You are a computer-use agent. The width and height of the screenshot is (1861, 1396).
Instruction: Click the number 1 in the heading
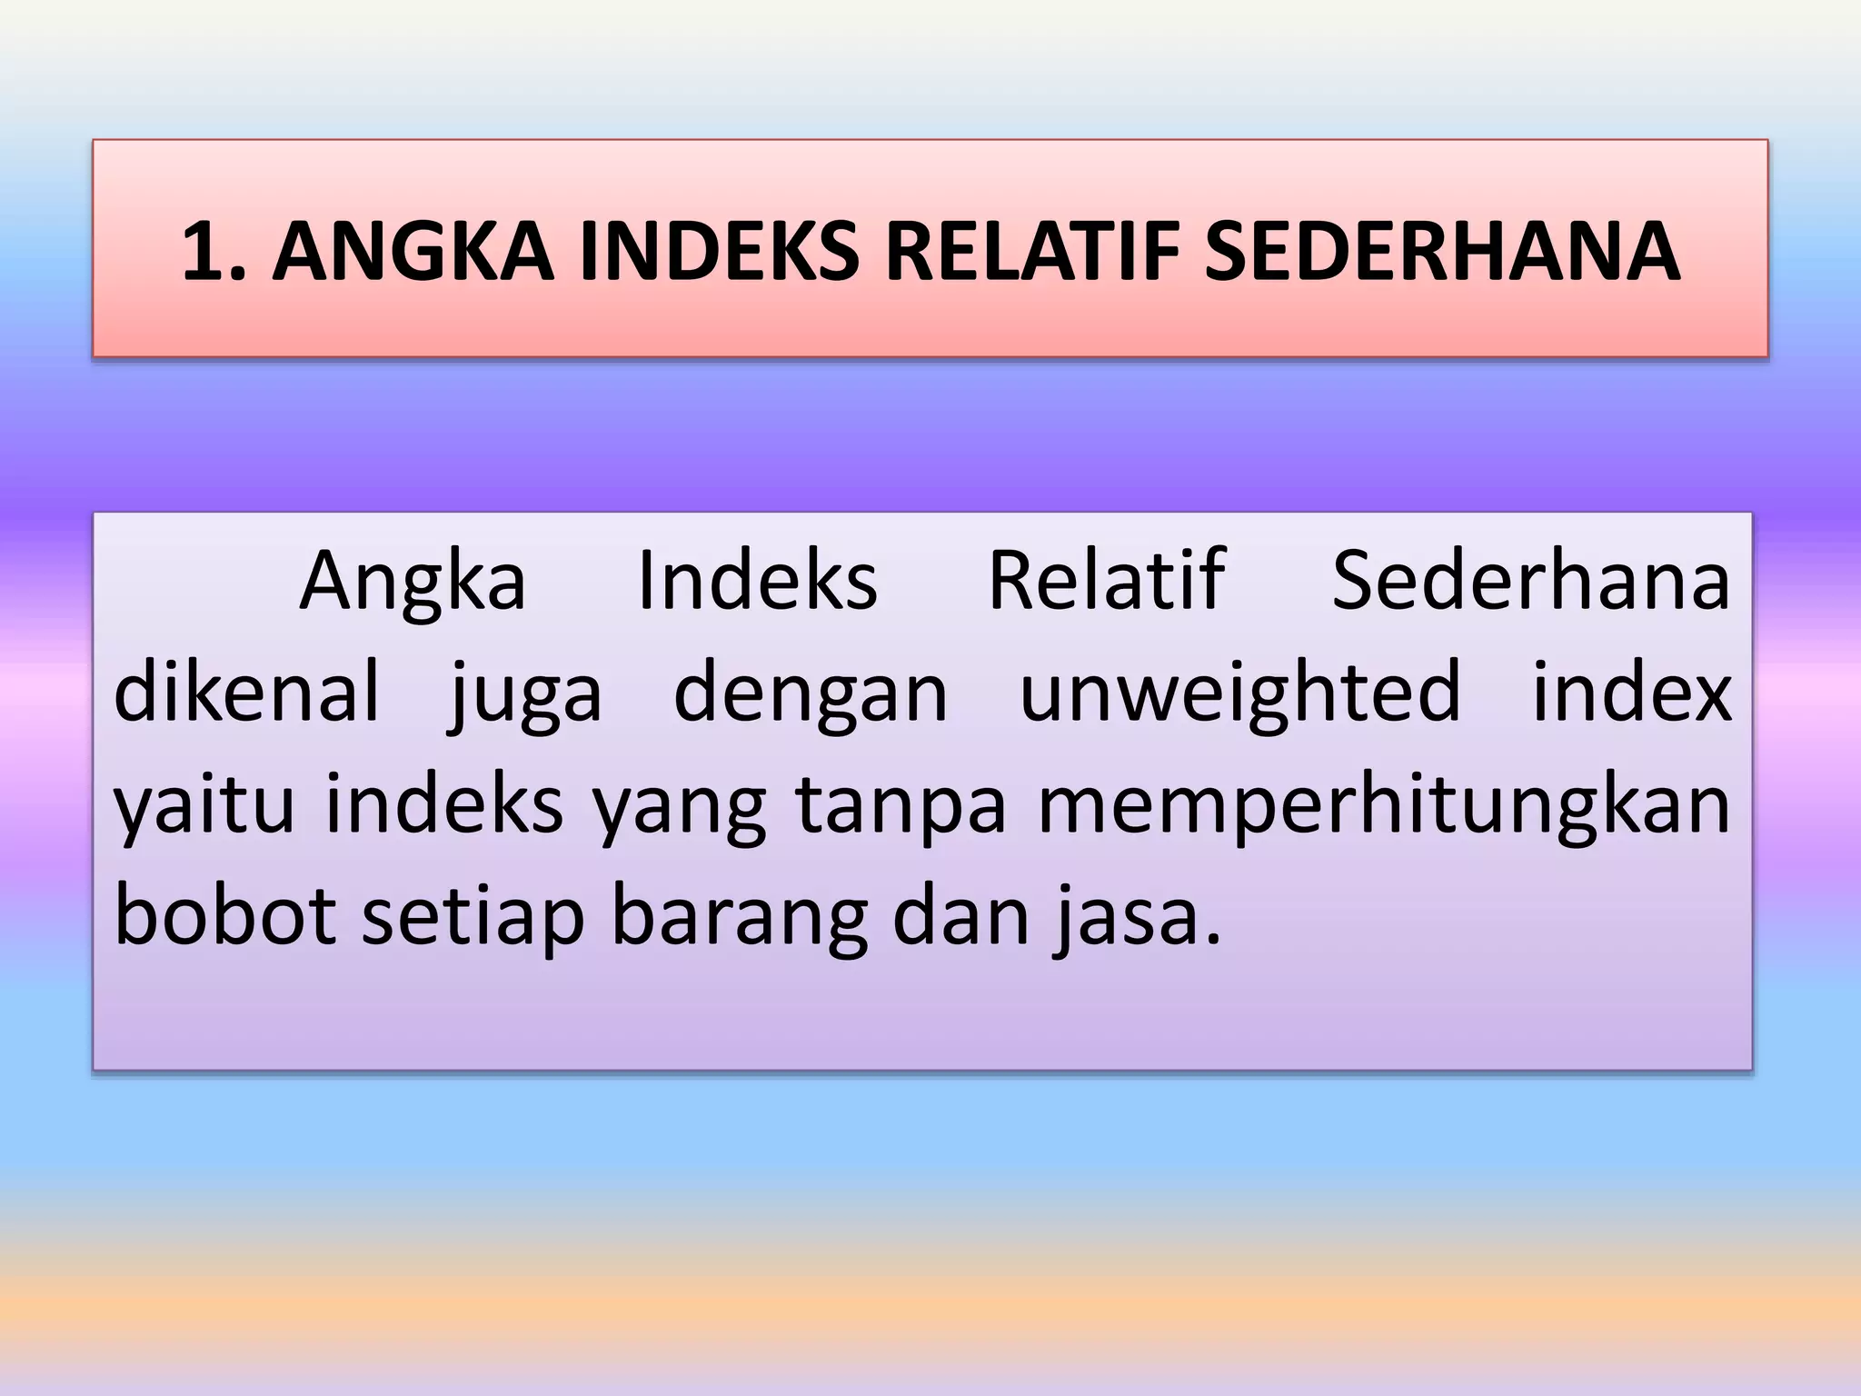tap(204, 253)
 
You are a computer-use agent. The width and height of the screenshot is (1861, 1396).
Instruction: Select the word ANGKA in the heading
tap(412, 253)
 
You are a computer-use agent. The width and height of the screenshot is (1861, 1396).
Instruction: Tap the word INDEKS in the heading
tap(719, 253)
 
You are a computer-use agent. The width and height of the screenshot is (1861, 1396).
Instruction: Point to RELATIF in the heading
tap(1033, 253)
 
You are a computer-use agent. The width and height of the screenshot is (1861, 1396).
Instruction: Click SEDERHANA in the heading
tap(1442, 253)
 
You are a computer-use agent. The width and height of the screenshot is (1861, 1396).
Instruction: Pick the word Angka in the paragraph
tap(413, 583)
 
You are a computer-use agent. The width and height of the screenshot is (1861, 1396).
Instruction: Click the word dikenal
tap(246, 692)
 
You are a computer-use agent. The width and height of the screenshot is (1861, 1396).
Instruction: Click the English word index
tap(1632, 692)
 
